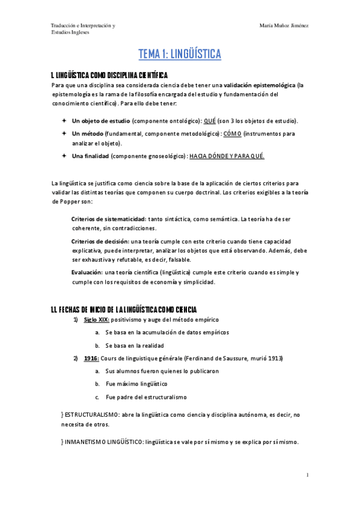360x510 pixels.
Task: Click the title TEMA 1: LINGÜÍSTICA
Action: click(x=180, y=55)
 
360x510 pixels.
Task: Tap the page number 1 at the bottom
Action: click(x=307, y=475)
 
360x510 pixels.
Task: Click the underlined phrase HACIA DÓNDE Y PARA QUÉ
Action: click(x=227, y=156)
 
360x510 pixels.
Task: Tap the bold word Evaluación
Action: click(x=87, y=272)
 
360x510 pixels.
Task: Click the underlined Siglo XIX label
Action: click(x=97, y=320)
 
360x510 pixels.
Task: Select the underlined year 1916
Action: click(x=91, y=358)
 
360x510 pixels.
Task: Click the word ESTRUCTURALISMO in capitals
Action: click(x=90, y=414)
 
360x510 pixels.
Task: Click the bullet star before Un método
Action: click(x=64, y=133)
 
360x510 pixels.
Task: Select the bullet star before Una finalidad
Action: click(x=64, y=156)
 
